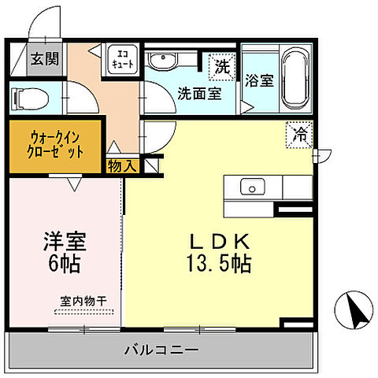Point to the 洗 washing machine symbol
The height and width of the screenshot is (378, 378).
[x=223, y=67]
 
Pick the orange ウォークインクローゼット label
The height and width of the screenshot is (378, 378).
[x=54, y=145]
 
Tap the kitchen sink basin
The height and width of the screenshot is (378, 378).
[x=253, y=187]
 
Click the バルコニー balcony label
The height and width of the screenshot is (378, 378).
[x=161, y=349]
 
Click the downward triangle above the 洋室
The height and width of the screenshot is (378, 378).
[x=73, y=184]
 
